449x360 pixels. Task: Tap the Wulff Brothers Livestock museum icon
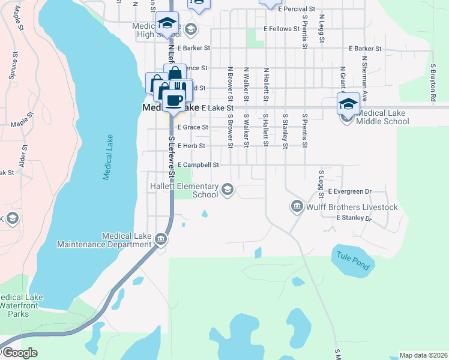(x=297, y=207)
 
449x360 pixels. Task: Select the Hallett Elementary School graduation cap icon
(x=227, y=190)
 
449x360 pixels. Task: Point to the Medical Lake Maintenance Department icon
(x=161, y=239)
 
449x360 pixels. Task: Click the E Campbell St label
(x=198, y=164)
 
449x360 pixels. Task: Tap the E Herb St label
(x=191, y=146)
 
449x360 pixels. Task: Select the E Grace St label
(x=193, y=127)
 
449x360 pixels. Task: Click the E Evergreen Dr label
(x=350, y=191)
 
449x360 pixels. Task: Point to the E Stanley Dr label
(x=354, y=218)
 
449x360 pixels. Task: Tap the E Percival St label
(x=296, y=10)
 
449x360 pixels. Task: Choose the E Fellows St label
(x=281, y=29)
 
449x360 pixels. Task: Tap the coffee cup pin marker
(x=175, y=100)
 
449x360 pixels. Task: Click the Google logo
(x=19, y=353)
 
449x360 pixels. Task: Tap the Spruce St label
(x=11, y=69)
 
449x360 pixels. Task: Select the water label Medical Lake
(x=108, y=157)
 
